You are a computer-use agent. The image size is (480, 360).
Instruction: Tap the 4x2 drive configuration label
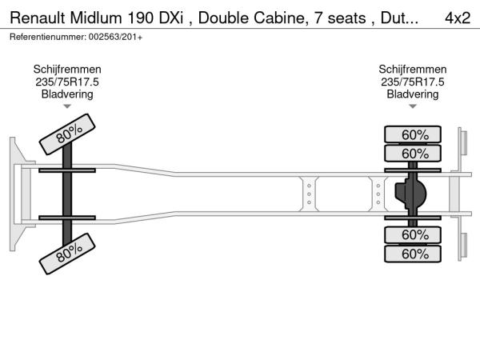(458, 18)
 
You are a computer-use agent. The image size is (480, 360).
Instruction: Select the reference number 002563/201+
(115, 37)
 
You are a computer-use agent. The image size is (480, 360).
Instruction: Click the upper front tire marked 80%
(67, 134)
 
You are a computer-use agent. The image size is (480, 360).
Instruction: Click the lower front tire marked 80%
(67, 254)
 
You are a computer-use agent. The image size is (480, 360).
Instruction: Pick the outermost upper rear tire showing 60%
(413, 134)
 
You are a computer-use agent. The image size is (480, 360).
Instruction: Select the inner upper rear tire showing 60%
(413, 154)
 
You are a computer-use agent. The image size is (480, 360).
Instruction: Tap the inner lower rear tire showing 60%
(413, 235)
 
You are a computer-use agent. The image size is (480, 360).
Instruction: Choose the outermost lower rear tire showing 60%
(413, 254)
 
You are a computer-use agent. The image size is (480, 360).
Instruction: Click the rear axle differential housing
(410, 193)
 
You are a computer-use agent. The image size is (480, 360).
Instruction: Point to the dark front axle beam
(67, 194)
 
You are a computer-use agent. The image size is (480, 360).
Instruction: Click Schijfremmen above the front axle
(67, 70)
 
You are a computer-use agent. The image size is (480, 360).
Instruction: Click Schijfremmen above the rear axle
(413, 70)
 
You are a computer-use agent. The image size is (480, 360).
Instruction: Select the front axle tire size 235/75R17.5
(67, 82)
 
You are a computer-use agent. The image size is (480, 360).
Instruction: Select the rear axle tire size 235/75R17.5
(413, 82)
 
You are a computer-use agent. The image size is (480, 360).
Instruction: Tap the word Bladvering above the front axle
(67, 94)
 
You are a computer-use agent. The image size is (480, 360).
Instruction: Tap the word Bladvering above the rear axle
(413, 94)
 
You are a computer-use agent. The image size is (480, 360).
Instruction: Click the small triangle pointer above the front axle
(67, 106)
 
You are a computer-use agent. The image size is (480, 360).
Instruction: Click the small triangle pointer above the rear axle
(413, 106)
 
